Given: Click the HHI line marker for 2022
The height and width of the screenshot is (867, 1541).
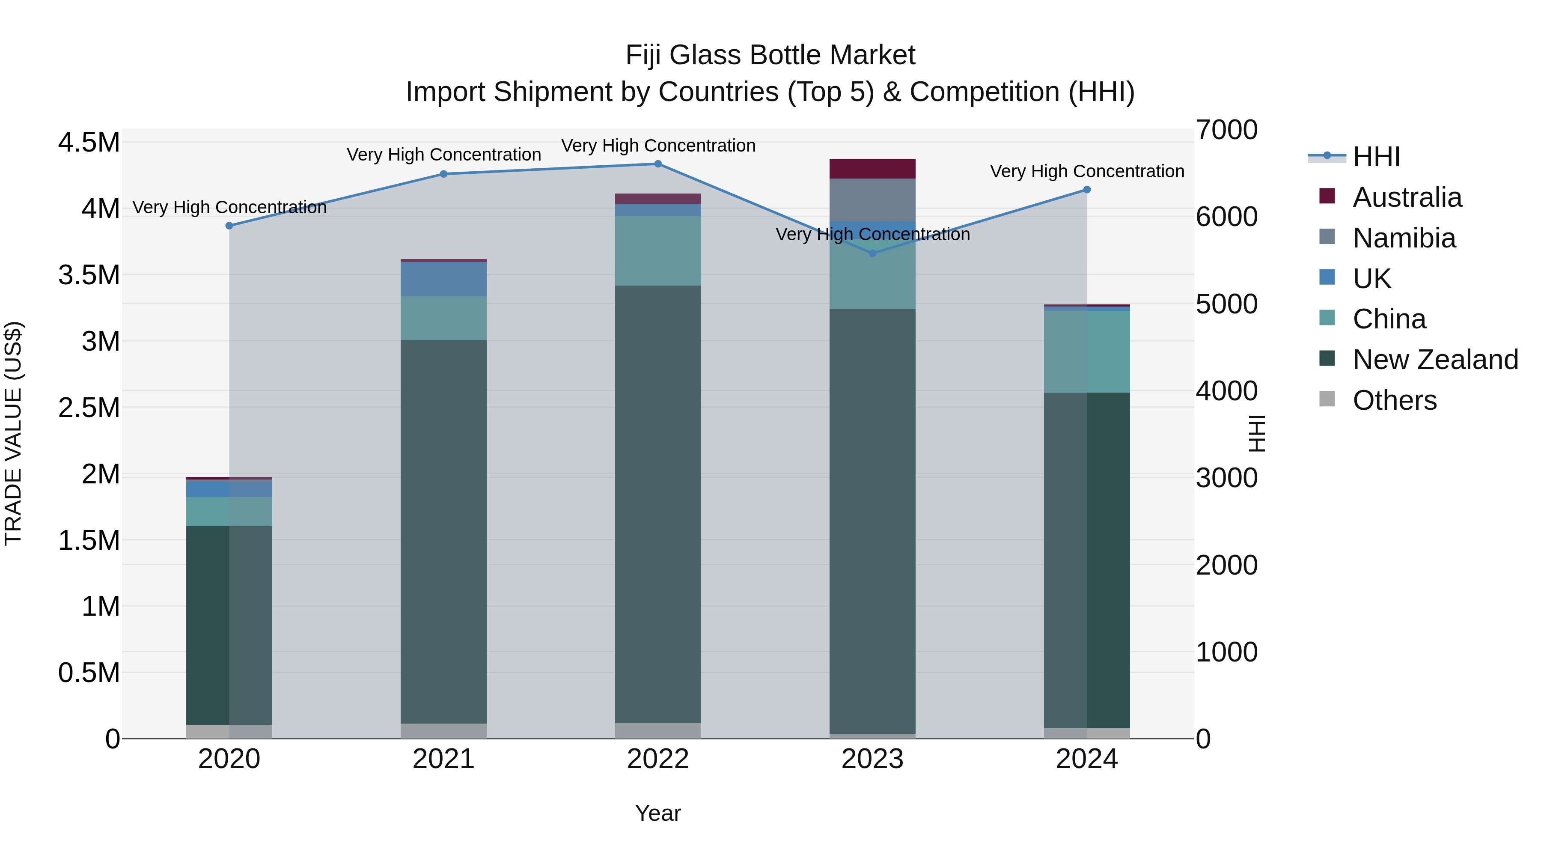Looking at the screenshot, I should point(657,164).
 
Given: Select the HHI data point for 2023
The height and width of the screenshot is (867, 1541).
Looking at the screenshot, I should point(872,253).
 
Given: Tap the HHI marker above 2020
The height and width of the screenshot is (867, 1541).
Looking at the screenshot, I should point(229,226).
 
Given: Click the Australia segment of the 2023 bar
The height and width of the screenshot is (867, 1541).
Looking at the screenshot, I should point(872,169).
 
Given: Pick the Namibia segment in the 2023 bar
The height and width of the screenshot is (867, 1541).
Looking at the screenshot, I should point(872,200).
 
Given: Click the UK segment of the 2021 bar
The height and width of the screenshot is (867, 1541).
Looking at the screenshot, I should point(443,279).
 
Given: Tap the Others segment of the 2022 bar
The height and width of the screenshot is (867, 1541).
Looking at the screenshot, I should point(657,730).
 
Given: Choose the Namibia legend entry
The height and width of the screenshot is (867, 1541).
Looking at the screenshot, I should point(1404,238).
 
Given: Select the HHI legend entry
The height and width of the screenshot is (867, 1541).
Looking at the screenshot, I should point(1376,157).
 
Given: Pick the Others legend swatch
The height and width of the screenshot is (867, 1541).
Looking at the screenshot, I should point(1327,399).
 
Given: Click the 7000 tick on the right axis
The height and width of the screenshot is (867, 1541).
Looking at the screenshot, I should point(1226,131).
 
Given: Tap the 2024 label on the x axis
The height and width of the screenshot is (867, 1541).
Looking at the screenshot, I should point(1086,759).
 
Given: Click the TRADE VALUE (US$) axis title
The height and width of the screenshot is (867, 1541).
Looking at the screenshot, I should point(14,433).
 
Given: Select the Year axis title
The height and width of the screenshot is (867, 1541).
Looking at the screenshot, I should point(657,813).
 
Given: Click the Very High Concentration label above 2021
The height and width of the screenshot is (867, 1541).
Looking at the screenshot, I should point(443,155).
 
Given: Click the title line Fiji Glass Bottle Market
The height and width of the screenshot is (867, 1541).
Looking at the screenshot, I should point(770,55).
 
